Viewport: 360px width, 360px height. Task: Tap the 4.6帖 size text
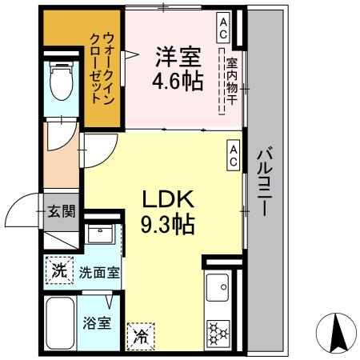pos(178,81)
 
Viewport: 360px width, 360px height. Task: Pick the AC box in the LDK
pos(233,155)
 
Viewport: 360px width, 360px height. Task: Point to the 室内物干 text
pos(231,82)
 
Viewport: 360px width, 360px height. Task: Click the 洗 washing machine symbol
pos(59,270)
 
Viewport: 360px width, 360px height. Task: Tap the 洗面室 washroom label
pos(98,271)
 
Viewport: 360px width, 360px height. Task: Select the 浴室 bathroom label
pos(99,324)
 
